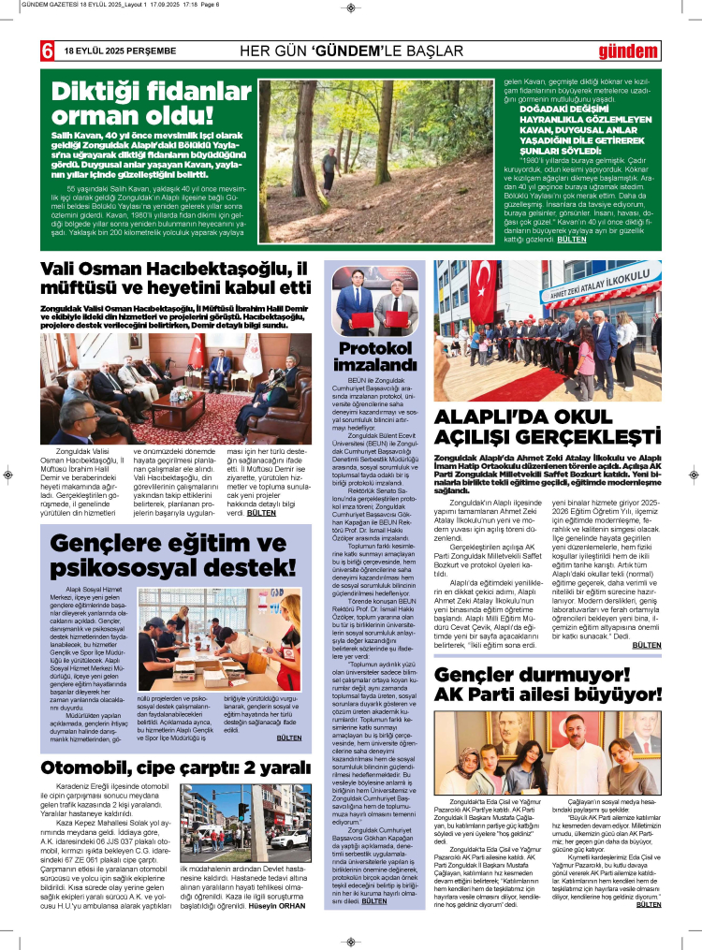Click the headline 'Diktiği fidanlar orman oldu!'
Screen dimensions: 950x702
coord(134,102)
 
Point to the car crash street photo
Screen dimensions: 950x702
coord(246,823)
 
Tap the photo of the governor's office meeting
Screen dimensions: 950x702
coord(175,373)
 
